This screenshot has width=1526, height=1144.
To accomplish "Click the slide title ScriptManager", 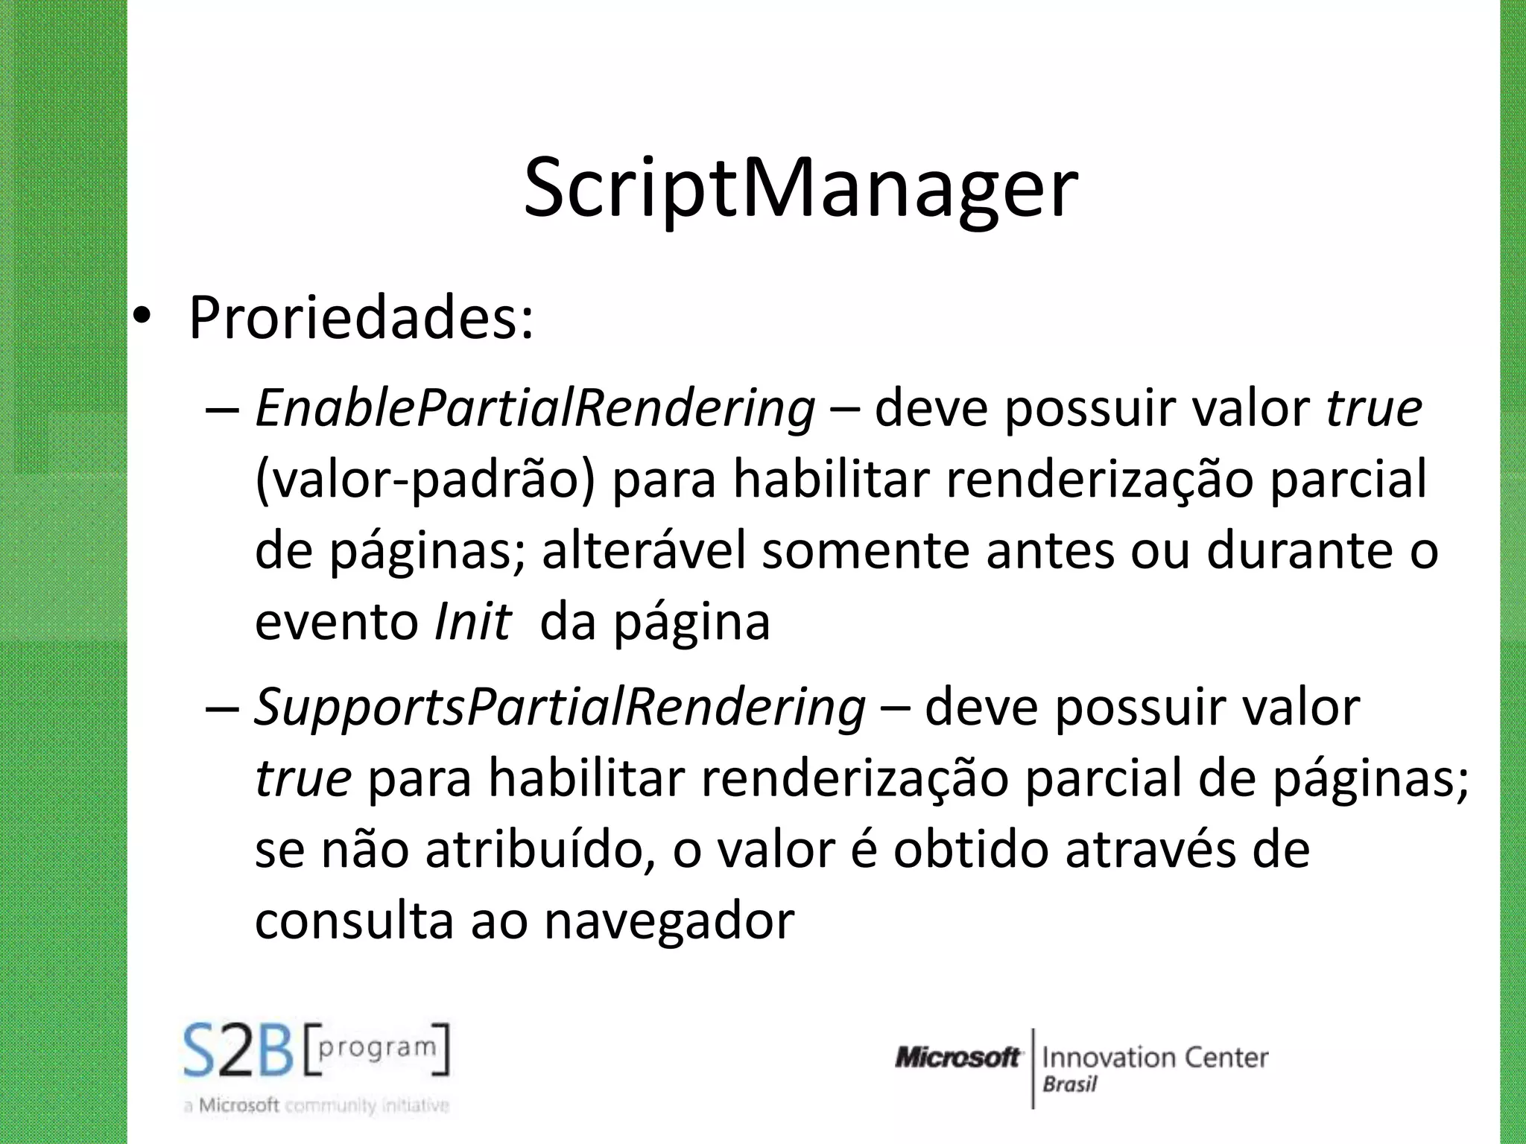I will click(x=800, y=188).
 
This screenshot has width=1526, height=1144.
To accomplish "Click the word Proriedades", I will click(x=361, y=319).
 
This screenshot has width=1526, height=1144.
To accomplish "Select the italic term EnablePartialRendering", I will click(x=535, y=409).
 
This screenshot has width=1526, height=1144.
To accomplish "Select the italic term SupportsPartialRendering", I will click(x=560, y=707).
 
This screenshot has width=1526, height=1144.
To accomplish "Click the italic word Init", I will click(x=472, y=622).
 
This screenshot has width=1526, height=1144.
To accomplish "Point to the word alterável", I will click(x=643, y=551).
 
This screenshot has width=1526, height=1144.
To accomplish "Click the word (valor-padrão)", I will click(x=425, y=480).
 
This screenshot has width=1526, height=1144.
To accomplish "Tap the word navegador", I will click(x=668, y=921).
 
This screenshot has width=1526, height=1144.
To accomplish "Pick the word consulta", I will click(x=354, y=921).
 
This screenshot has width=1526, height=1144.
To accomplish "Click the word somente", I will click(x=866, y=551).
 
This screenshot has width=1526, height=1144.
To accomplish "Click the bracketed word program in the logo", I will click(x=377, y=1049).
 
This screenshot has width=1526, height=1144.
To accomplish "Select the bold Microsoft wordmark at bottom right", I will click(x=957, y=1058).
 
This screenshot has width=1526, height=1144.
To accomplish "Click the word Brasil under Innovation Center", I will click(x=1069, y=1084).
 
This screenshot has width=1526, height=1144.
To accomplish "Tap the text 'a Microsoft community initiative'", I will click(x=316, y=1106).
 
